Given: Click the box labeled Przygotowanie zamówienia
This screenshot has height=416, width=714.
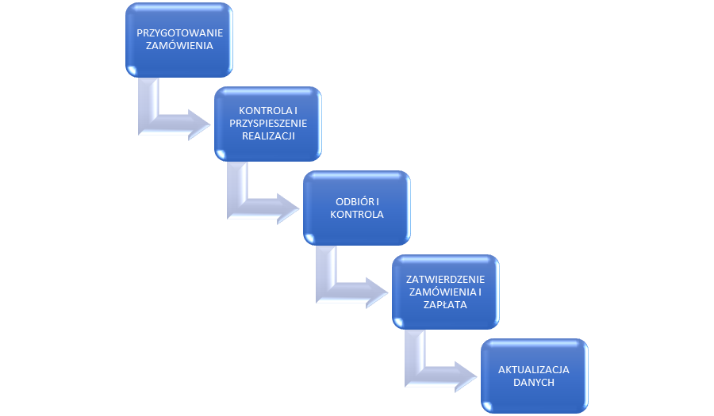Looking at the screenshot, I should pyautogui.click(x=179, y=40).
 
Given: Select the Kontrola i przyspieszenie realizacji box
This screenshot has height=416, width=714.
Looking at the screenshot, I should pyautogui.click(x=268, y=124).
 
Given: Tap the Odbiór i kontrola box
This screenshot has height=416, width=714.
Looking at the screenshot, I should pyautogui.click(x=357, y=208).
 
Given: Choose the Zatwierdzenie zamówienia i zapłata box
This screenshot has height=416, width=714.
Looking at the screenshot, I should pyautogui.click(x=446, y=292).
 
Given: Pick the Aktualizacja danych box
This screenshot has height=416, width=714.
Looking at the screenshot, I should pyautogui.click(x=535, y=376).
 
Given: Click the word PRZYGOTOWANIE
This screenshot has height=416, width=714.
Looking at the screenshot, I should pyautogui.click(x=179, y=32).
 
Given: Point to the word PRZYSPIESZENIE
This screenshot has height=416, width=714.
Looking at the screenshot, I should pyautogui.click(x=268, y=124).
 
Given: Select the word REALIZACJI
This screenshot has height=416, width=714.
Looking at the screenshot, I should pyautogui.click(x=268, y=136).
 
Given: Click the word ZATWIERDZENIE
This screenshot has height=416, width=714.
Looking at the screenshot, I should pyautogui.click(x=446, y=279).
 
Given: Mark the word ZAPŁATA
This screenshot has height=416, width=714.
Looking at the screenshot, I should pyautogui.click(x=446, y=304).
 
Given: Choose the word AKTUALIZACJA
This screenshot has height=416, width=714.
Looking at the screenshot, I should pyautogui.click(x=535, y=369).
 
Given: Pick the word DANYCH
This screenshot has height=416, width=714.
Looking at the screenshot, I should pyautogui.click(x=535, y=382).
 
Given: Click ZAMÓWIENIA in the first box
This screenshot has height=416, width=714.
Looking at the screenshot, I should pyautogui.click(x=179, y=46).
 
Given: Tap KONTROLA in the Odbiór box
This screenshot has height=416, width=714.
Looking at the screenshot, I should pyautogui.click(x=357, y=215).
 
